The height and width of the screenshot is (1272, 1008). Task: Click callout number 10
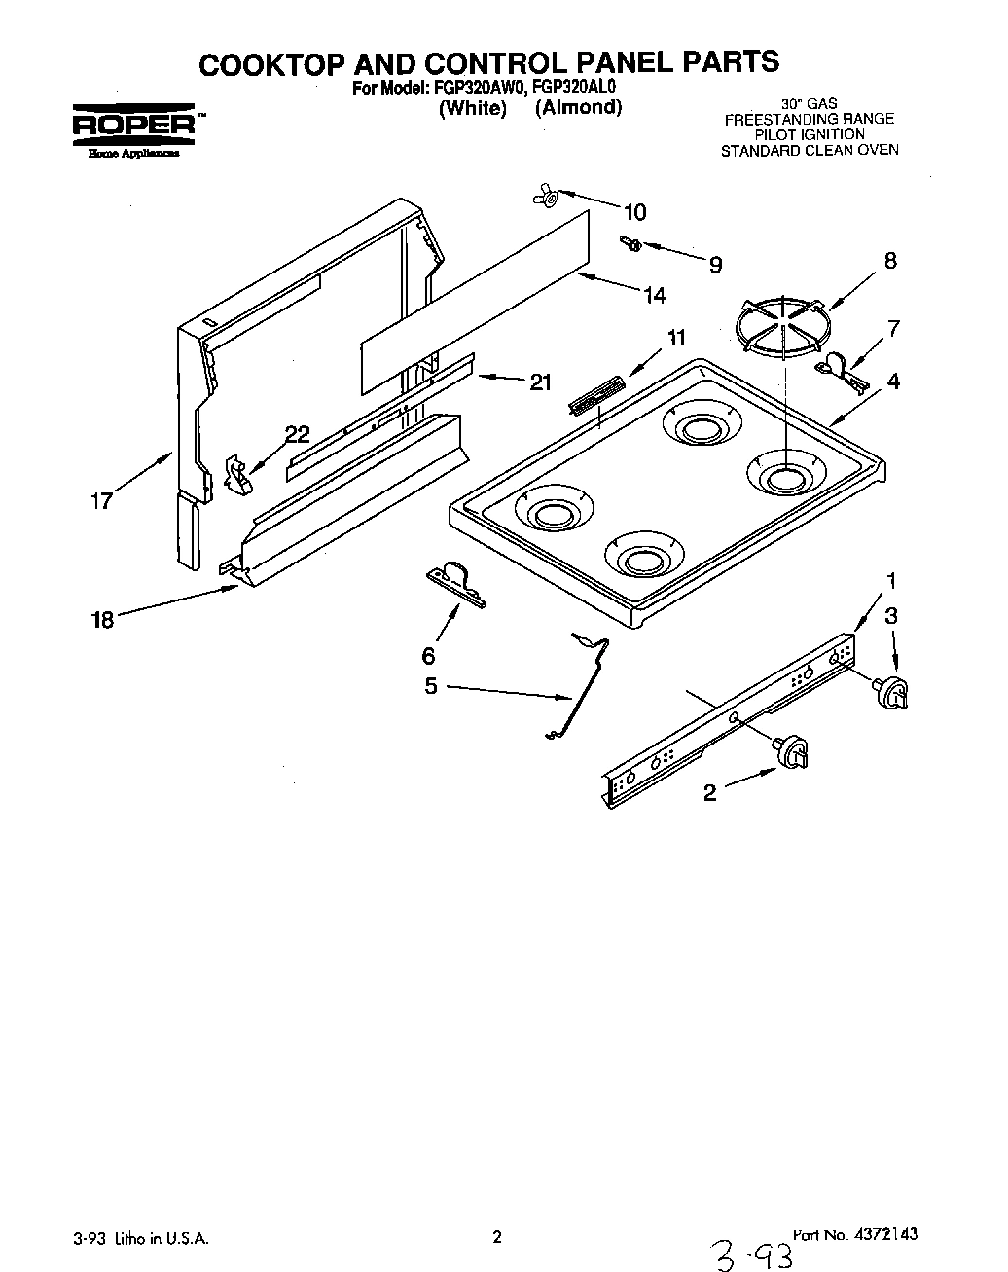(x=634, y=212)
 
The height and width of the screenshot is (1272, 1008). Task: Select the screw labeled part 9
(x=629, y=243)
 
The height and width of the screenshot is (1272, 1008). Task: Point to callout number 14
(x=655, y=295)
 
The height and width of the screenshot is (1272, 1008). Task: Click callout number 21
(x=540, y=382)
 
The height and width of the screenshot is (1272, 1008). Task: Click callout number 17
(x=101, y=502)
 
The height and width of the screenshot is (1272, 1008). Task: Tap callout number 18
(x=102, y=619)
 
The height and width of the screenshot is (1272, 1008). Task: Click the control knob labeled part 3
(x=893, y=692)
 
